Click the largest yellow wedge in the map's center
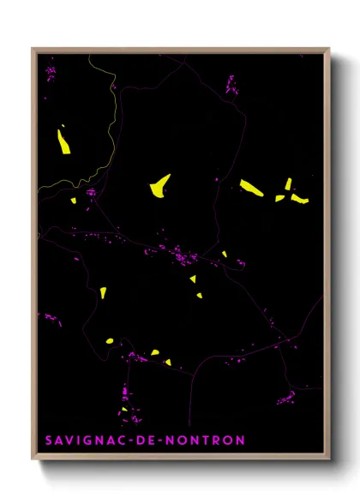click(159, 185)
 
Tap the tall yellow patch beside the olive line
click(63, 140)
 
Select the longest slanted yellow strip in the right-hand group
click(251, 187)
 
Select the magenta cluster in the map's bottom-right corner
click(286, 397)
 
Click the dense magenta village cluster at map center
click(181, 255)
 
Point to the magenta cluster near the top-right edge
click(231, 84)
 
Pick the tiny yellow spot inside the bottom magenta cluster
click(125, 409)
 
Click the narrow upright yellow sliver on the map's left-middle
click(103, 292)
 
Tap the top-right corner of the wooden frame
click(328, 50)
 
